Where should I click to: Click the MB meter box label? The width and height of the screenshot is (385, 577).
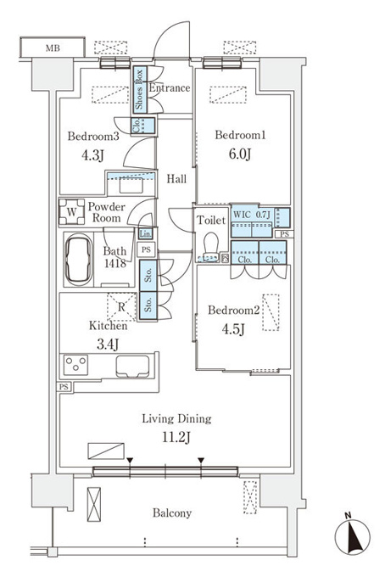[x=53, y=48]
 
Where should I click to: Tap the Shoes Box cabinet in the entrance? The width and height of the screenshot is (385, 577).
[x=140, y=90]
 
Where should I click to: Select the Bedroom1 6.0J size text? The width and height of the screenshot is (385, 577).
[x=240, y=154]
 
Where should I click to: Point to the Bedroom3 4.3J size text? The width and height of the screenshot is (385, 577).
[x=92, y=155]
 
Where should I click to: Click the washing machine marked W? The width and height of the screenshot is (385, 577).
[x=72, y=211]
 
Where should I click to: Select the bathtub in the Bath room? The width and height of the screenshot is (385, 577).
[x=79, y=260]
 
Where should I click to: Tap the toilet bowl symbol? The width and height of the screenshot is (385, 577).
[x=211, y=246]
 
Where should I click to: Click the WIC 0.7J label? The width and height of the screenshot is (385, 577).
[x=252, y=215]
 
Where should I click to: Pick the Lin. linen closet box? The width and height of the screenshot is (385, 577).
[x=145, y=233]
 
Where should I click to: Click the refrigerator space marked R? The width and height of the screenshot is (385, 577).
[x=121, y=307]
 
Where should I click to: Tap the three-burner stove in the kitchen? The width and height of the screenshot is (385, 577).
[x=75, y=365]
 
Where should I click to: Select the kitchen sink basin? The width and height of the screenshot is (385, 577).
[x=133, y=367]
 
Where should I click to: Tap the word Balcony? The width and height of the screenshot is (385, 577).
[x=172, y=513]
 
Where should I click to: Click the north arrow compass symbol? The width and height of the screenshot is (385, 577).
[x=352, y=537]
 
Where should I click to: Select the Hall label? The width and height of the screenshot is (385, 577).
[x=176, y=179]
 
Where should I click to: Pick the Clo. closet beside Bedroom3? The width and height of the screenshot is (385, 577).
[x=143, y=126]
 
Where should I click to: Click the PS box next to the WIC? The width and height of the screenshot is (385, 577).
[x=284, y=234]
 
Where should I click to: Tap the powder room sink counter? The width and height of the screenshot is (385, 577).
[x=131, y=183]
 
